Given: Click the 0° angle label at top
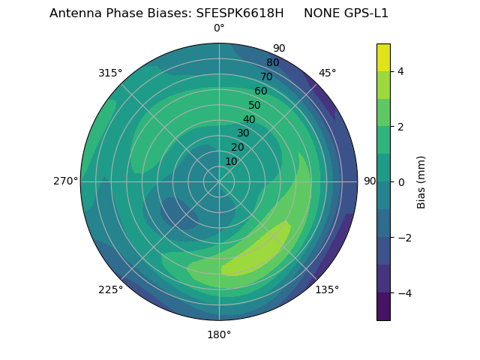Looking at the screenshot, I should click(x=219, y=28).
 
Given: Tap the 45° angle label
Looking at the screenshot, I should click(x=327, y=73).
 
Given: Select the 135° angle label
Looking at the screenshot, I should click(x=327, y=289).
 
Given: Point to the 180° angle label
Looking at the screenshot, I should click(x=219, y=334).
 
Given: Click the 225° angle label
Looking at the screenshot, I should click(x=110, y=289).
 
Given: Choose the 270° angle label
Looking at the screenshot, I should click(x=65, y=181).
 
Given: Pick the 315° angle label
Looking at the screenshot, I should click(x=110, y=73).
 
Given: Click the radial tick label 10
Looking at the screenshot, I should click(x=231, y=162).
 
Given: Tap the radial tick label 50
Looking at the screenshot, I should click(x=254, y=106).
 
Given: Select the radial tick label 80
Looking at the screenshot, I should click(x=272, y=63).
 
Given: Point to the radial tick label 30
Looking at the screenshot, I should click(x=243, y=133).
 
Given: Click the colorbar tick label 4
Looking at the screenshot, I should click(x=400, y=71).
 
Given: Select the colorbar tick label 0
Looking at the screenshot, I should click(x=400, y=182).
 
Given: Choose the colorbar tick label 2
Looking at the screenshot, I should click(x=400, y=127).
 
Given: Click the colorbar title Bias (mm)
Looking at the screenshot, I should click(x=421, y=181).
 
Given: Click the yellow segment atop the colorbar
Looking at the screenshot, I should click(x=383, y=57).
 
